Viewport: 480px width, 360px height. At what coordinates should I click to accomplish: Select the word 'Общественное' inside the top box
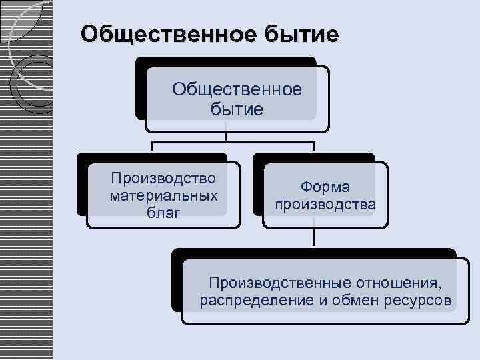pyautogui.click(x=237, y=89)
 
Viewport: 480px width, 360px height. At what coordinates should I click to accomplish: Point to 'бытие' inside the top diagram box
pyautogui.click(x=237, y=108)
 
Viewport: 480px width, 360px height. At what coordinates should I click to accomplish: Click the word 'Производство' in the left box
pyautogui.click(x=163, y=179)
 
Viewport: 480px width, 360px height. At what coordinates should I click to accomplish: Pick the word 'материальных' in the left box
pyautogui.click(x=163, y=196)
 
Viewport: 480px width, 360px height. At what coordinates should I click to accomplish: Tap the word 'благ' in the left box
pyautogui.click(x=163, y=213)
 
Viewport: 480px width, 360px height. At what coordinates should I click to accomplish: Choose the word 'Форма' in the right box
pyautogui.click(x=325, y=187)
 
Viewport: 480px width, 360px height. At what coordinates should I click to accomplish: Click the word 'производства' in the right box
pyautogui.click(x=325, y=204)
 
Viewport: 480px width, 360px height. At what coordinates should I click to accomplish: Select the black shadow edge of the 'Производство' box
pyautogui.click(x=81, y=187)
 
